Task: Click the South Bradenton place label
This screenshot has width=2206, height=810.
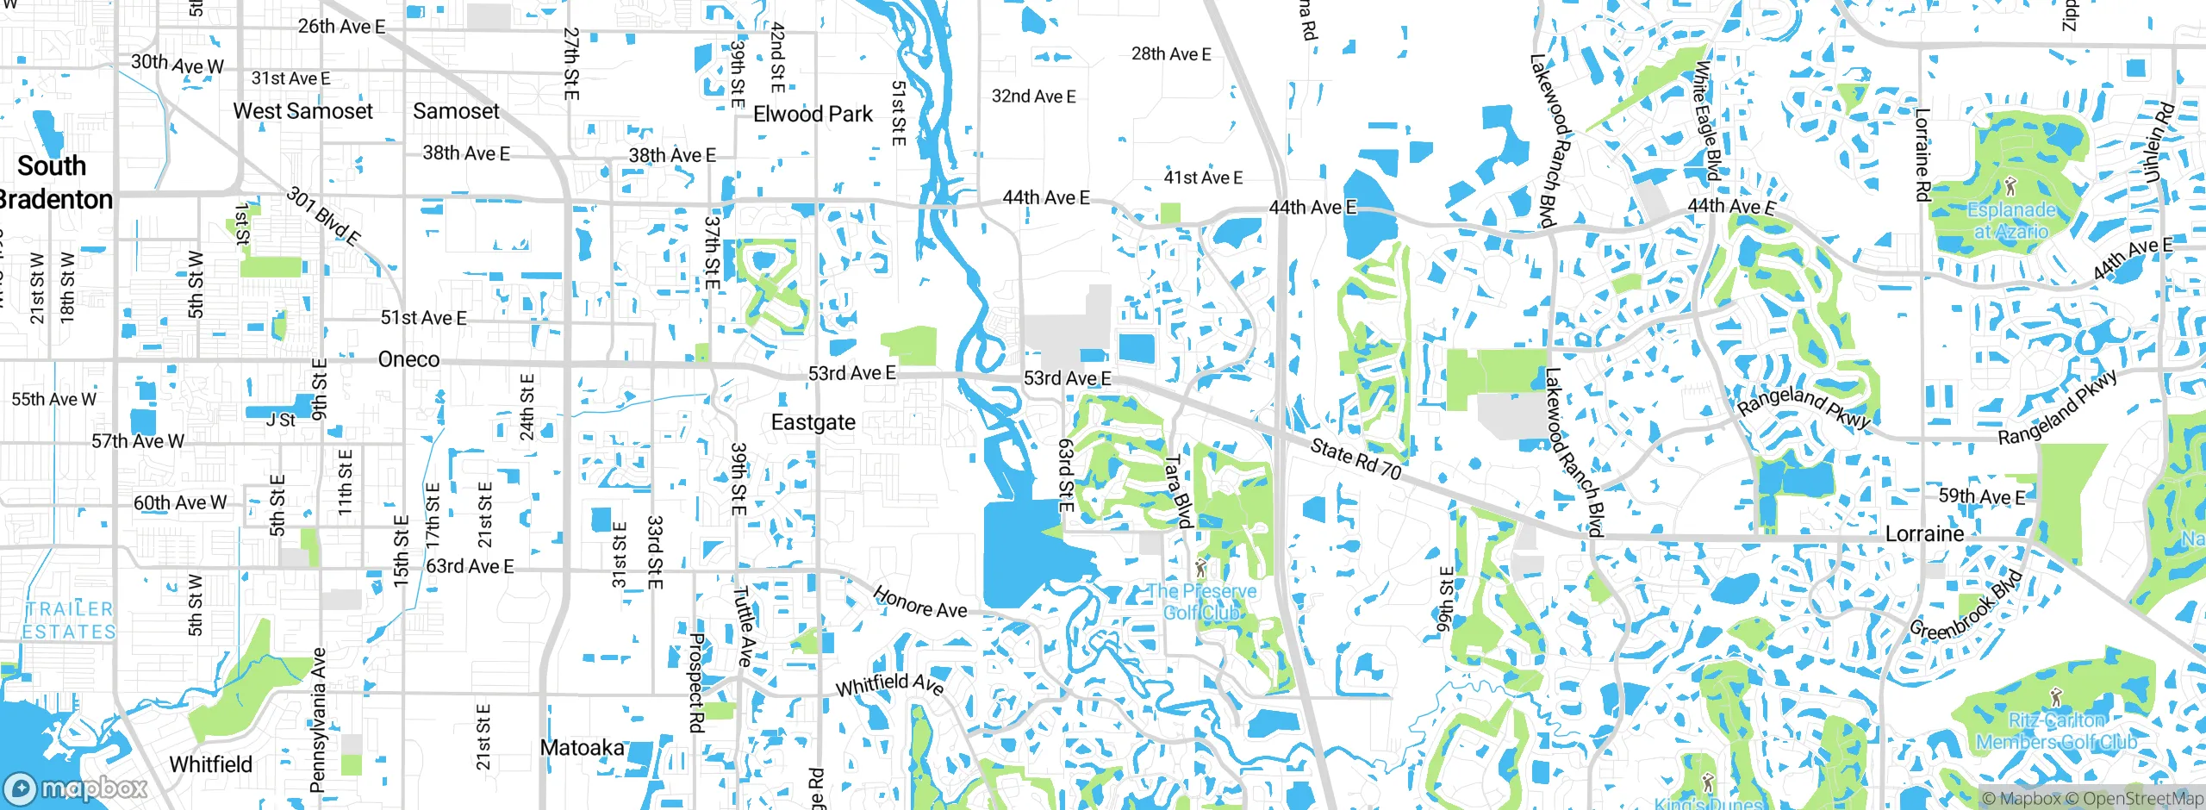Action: pos(53,183)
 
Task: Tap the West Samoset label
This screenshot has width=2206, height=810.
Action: pos(302,111)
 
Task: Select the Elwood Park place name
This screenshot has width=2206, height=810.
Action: pos(813,114)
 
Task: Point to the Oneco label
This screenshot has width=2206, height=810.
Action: pos(408,359)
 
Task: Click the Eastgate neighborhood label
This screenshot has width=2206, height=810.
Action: pos(813,422)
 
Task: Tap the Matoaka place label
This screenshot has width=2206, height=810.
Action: pos(582,747)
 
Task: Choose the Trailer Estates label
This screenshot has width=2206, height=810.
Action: pos(69,620)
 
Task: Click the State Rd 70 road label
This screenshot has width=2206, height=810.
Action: pos(1355,458)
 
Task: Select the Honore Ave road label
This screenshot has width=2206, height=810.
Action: pos(919,602)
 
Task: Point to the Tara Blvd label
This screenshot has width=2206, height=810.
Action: pos(1177,491)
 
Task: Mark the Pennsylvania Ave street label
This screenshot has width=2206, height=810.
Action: pos(318,720)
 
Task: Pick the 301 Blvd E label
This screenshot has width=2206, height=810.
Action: pos(323,216)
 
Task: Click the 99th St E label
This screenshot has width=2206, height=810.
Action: pos(1445,600)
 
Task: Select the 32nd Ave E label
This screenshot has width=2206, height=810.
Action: pos(1033,97)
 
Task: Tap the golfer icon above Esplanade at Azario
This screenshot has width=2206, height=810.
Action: pos(2010,186)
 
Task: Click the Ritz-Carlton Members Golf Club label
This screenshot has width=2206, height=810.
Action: pos(2056,732)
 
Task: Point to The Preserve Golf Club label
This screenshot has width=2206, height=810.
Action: pos(1201,601)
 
